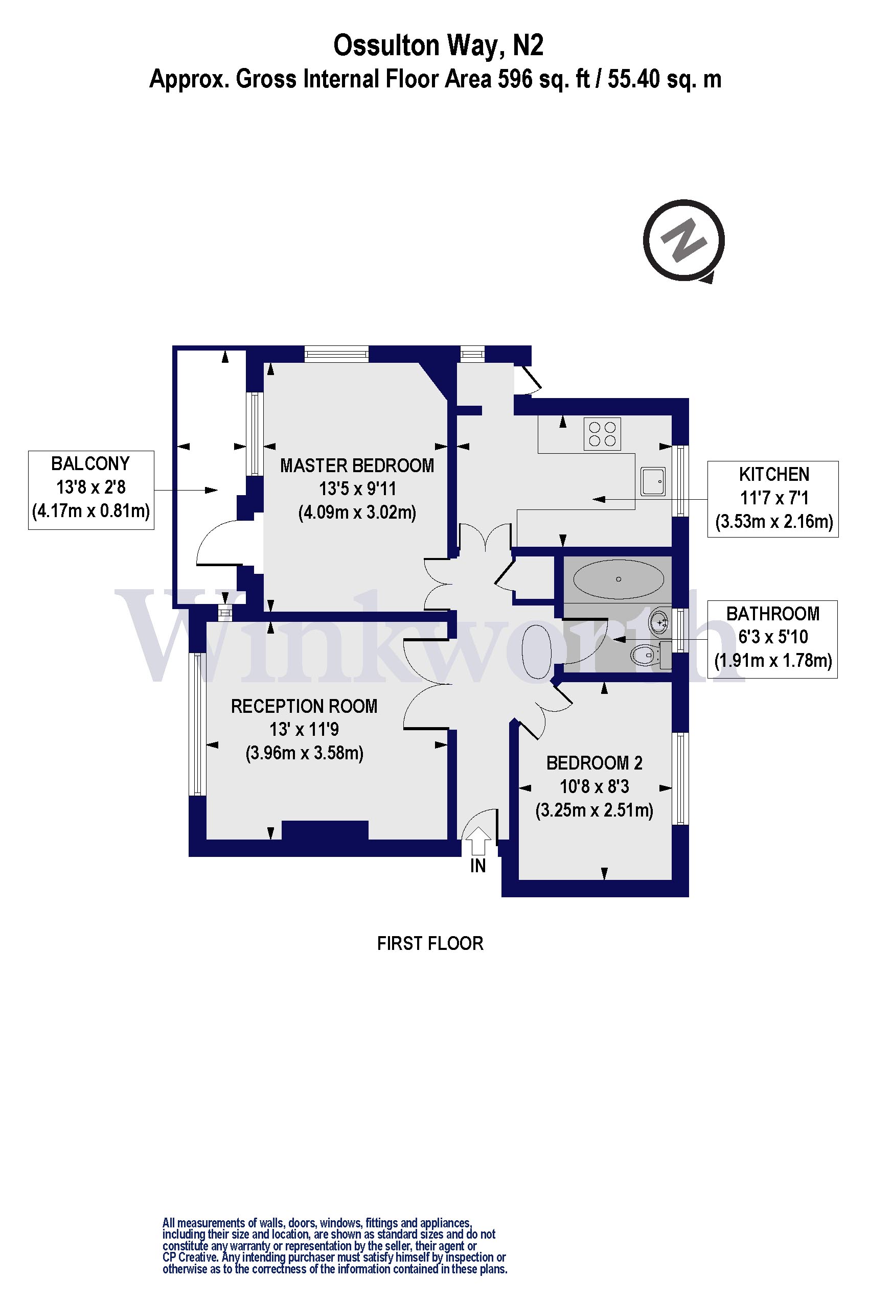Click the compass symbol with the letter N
[683, 241]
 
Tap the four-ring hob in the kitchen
[602, 434]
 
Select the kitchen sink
[652, 481]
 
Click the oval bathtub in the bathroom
[618, 579]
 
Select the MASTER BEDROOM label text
[357, 466]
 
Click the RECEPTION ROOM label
[304, 706]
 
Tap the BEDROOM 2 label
[594, 763]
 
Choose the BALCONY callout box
[91, 490]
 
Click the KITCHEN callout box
[773, 499]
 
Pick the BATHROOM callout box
[772, 639]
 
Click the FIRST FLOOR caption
[430, 943]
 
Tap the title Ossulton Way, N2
[438, 45]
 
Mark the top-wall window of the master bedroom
[336, 354]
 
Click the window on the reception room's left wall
[197, 724]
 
